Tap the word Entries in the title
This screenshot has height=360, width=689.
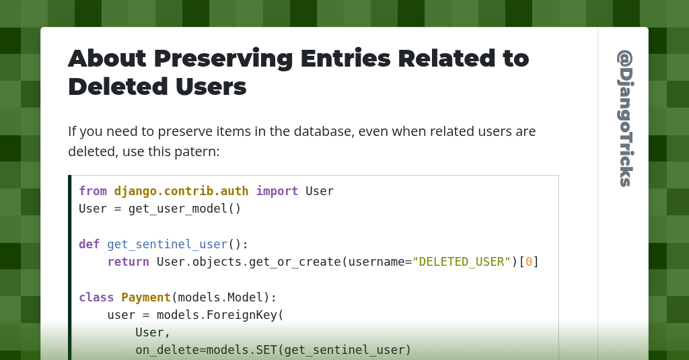[345, 59]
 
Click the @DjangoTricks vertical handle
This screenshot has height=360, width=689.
[625, 118]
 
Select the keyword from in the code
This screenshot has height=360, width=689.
[93, 191]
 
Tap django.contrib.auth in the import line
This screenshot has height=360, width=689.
[181, 191]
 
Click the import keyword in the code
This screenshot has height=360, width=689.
[277, 191]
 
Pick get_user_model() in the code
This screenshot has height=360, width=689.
[184, 209]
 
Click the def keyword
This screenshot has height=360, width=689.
[89, 244]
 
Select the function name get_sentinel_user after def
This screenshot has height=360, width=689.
[167, 244]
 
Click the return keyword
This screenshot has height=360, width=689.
[128, 262]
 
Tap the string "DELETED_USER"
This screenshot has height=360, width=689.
[462, 262]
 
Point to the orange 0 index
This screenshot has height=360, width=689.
[529, 262]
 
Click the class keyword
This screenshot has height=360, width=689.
[96, 297]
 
